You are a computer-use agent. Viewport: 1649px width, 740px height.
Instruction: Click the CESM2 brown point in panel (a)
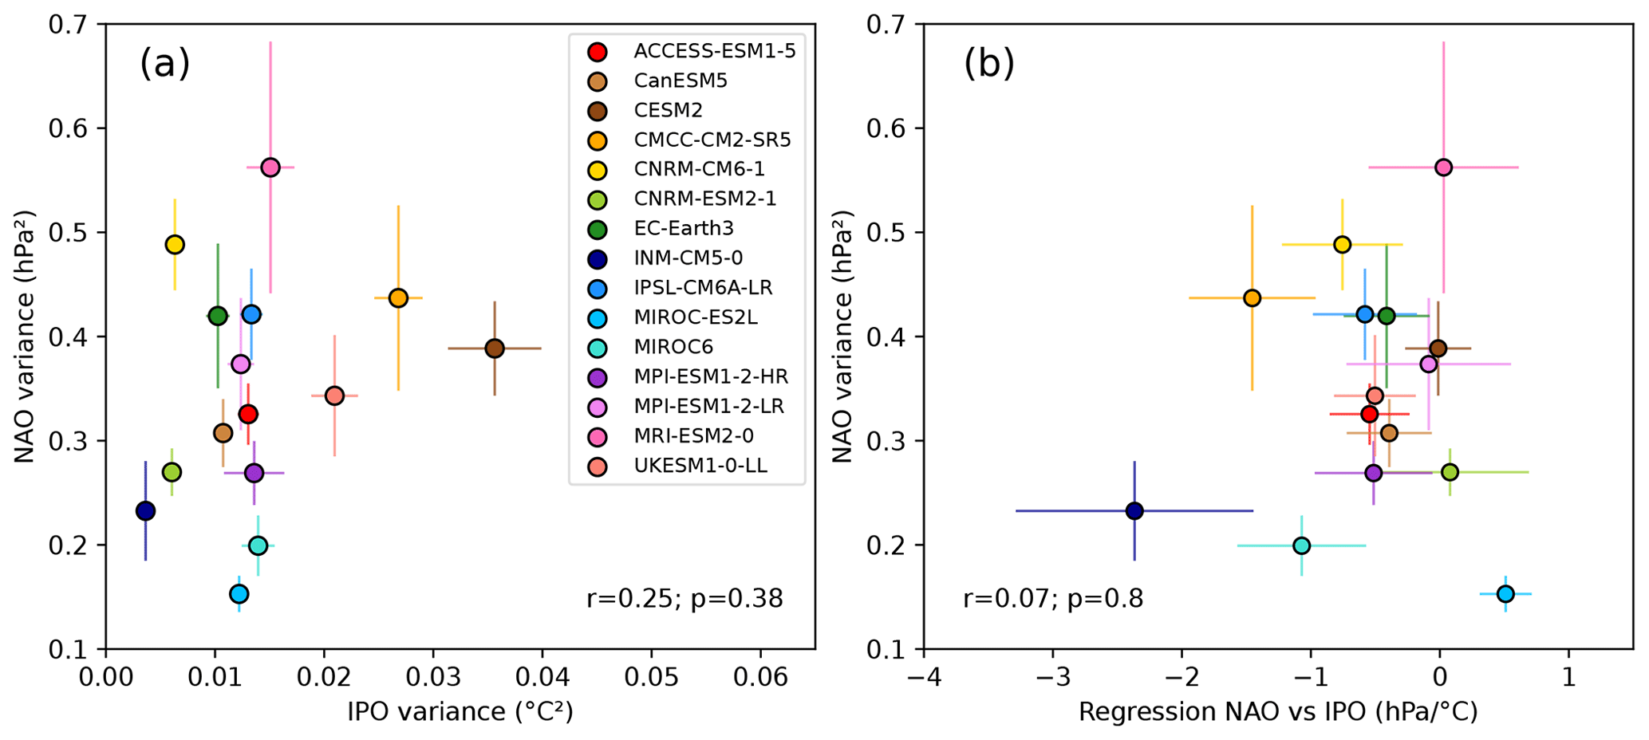(x=495, y=348)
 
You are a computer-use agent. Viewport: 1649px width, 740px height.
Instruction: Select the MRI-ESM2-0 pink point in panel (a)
(x=270, y=167)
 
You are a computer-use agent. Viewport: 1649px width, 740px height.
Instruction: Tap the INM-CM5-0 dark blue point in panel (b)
(x=1134, y=511)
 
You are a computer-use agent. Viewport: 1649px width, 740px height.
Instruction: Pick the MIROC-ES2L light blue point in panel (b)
(x=1505, y=594)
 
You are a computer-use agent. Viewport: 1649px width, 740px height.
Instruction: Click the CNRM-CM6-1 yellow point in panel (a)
(x=175, y=245)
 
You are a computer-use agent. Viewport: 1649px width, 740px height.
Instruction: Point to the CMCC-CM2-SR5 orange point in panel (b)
(x=1252, y=298)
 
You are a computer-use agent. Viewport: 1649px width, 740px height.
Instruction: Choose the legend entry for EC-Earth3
(x=683, y=229)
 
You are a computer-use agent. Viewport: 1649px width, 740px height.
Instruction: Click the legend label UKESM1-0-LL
(x=700, y=466)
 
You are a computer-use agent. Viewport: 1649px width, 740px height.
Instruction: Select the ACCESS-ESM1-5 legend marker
(x=597, y=52)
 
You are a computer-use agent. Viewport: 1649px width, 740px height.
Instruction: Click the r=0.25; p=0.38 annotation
(x=684, y=599)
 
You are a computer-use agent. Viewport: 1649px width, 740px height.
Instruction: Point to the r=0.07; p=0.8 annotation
(x=1053, y=599)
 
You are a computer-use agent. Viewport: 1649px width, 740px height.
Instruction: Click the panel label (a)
(x=165, y=64)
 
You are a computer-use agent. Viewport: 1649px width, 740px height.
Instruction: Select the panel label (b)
(x=989, y=64)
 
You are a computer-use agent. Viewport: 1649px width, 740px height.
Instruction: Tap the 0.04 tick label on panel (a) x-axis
(x=542, y=679)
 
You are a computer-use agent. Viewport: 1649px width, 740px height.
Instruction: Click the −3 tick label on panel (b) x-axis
(x=1052, y=679)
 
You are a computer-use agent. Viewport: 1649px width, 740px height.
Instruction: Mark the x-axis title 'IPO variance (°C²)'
(x=460, y=712)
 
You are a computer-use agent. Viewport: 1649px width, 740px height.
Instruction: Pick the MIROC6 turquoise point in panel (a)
(x=258, y=546)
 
